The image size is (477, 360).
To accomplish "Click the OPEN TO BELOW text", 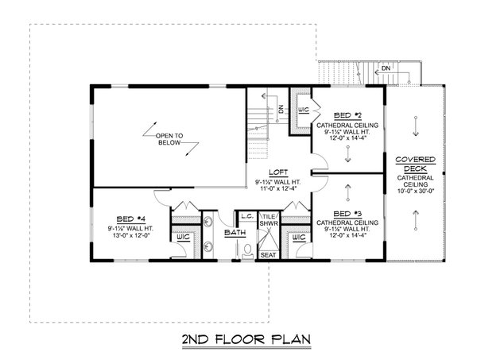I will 169,140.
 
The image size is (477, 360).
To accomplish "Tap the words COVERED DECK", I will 417,164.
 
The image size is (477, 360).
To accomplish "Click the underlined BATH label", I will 235,233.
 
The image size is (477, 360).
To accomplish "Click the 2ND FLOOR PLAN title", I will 239,340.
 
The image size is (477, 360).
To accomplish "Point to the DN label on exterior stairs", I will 385,70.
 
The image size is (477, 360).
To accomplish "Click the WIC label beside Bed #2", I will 303,109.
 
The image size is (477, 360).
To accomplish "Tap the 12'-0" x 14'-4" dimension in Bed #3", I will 347,235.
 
